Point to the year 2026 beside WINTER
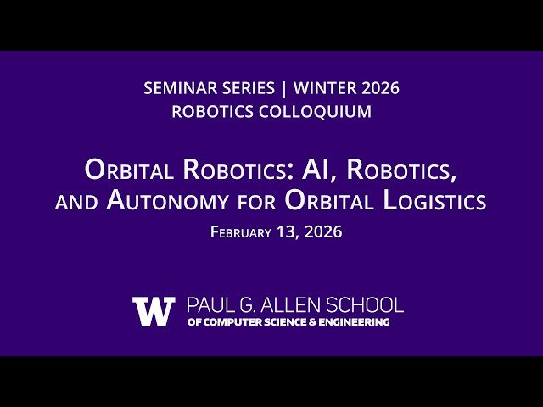[x=378, y=88]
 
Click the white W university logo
[x=154, y=311]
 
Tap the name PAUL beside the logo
[x=210, y=304]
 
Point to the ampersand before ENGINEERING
[x=314, y=322]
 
